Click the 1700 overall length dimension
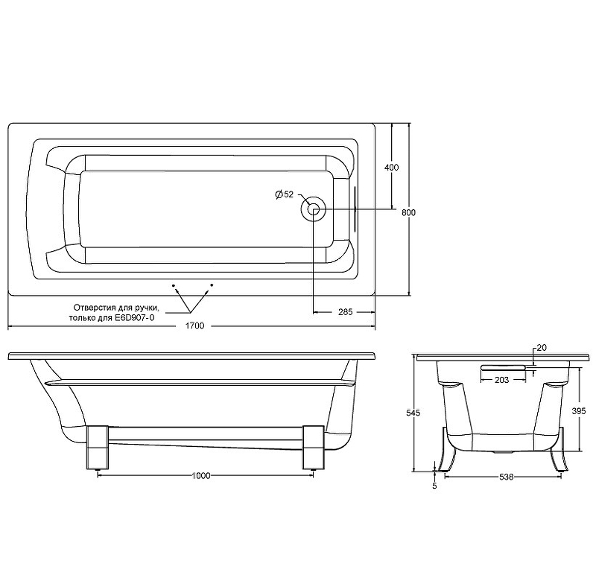194,326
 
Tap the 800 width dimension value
408,213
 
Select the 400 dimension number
392,167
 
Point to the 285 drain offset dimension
345,312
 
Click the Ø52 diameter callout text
285,194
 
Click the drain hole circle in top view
313,209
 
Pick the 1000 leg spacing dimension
200,475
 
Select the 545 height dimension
413,412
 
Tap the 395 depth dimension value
579,410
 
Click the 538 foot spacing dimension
506,477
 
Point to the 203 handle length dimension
501,380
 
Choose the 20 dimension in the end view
542,348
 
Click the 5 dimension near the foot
434,486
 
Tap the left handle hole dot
174,285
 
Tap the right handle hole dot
212,285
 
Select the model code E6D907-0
135,317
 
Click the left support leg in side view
98,447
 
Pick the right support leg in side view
313,447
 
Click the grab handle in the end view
502,367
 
